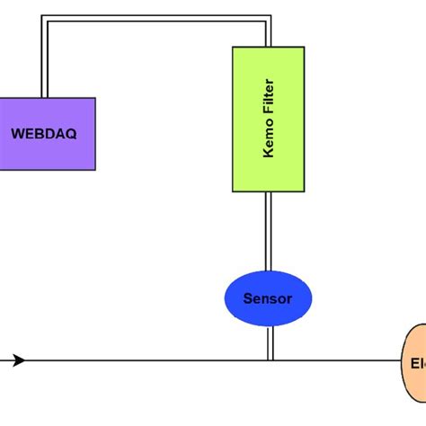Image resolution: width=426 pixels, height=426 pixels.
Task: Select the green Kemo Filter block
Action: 268,119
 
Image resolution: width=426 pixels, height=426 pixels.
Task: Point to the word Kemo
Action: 268,141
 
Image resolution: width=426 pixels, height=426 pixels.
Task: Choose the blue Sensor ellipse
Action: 268,298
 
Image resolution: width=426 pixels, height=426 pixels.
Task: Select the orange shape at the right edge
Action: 414,362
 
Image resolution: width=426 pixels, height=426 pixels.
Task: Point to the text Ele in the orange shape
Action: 418,363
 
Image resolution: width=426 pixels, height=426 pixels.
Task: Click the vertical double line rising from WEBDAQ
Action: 43,58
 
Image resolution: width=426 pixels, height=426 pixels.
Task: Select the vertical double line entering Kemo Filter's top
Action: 268,33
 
